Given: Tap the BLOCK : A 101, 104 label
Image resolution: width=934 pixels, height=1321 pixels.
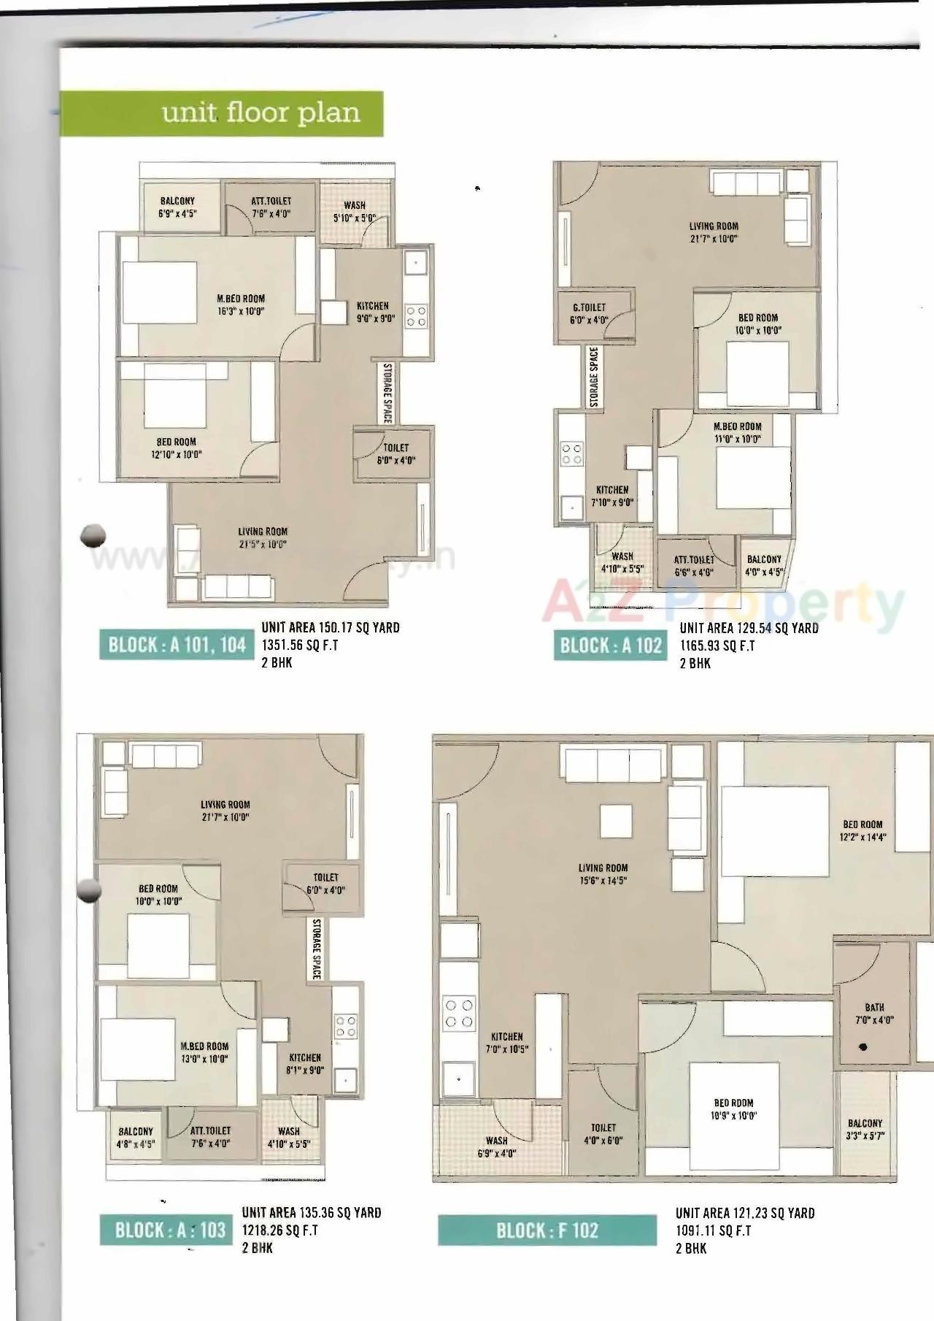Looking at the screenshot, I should click(x=177, y=646).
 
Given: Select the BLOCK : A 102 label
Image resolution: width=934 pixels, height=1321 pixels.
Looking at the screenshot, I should click(x=610, y=646).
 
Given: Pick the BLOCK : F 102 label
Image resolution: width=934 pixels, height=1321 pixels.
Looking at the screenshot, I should click(x=547, y=1230).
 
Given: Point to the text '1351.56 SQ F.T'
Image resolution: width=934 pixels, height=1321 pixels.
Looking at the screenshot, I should click(x=300, y=646).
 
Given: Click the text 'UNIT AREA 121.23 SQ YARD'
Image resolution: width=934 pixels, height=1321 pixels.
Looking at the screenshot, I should click(x=744, y=1213).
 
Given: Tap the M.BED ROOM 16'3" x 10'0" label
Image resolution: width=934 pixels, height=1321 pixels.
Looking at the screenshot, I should click(x=240, y=305).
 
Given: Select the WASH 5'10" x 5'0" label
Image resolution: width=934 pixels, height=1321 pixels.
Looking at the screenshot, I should click(x=354, y=212).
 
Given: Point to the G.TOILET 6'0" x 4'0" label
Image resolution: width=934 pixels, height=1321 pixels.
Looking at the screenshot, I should click(x=589, y=314).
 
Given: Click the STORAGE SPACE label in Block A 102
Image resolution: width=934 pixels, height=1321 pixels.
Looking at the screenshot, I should click(x=593, y=378).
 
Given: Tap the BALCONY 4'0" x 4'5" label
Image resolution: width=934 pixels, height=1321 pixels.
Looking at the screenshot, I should click(x=763, y=566).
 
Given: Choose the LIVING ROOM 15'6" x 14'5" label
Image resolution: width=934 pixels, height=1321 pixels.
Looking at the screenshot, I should click(x=603, y=874).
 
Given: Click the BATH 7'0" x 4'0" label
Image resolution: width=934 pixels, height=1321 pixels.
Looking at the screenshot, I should click(x=874, y=1014).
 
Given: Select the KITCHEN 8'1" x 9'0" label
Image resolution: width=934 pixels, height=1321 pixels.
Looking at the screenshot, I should click(x=304, y=1064).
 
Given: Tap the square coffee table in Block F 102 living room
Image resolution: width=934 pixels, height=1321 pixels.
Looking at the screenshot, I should click(x=617, y=820).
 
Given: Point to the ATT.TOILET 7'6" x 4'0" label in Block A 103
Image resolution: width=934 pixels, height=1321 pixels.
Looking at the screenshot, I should click(x=210, y=1137).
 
